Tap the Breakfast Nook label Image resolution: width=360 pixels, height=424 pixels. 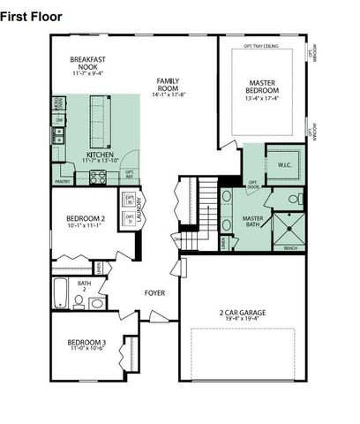[87, 64]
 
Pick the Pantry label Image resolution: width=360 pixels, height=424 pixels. [63, 181]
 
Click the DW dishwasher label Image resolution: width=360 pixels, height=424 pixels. [59, 119]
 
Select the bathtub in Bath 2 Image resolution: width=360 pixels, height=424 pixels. [60, 293]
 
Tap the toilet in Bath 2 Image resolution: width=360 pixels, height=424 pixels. [79, 302]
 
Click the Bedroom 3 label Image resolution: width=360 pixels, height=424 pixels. [86, 345]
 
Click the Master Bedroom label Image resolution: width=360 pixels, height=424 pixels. [263, 90]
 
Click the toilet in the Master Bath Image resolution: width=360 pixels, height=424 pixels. [295, 200]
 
